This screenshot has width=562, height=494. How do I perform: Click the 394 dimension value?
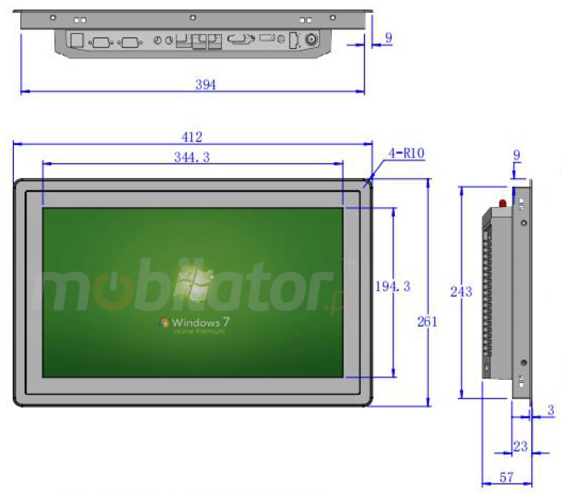tap(206, 85)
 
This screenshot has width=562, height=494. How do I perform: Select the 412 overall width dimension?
tap(192, 137)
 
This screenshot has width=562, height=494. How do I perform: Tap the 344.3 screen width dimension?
tap(192, 158)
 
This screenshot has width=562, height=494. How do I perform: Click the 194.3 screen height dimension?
tap(392, 286)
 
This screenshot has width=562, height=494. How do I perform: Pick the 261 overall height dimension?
tap(427, 321)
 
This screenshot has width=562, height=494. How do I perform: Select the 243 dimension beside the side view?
tap(461, 291)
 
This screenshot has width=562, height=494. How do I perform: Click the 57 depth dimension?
tap(506, 478)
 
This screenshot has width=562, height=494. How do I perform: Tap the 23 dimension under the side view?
tap(520, 447)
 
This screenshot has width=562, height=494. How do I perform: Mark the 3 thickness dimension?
tap(551, 411)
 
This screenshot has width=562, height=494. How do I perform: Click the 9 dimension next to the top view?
tap(388, 38)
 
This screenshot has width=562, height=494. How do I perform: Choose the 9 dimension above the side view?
tap(517, 153)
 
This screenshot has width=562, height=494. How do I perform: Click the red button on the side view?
tap(503, 203)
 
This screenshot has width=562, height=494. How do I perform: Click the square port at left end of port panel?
tap(76, 40)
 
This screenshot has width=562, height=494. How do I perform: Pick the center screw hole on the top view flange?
tap(193, 18)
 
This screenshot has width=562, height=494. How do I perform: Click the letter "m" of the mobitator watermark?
tap(63, 292)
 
